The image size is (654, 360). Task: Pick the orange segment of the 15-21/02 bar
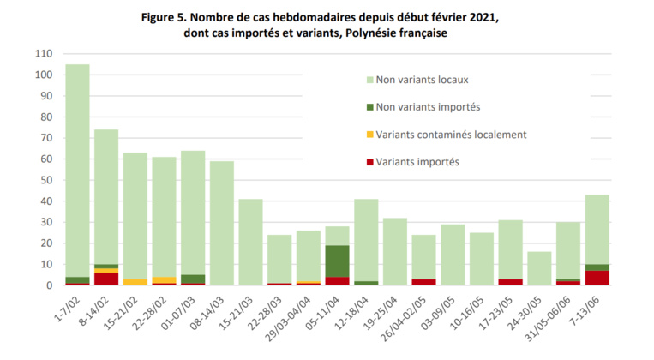(135, 282)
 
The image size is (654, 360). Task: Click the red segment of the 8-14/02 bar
(106, 279)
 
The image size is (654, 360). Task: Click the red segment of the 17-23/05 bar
(511, 282)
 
